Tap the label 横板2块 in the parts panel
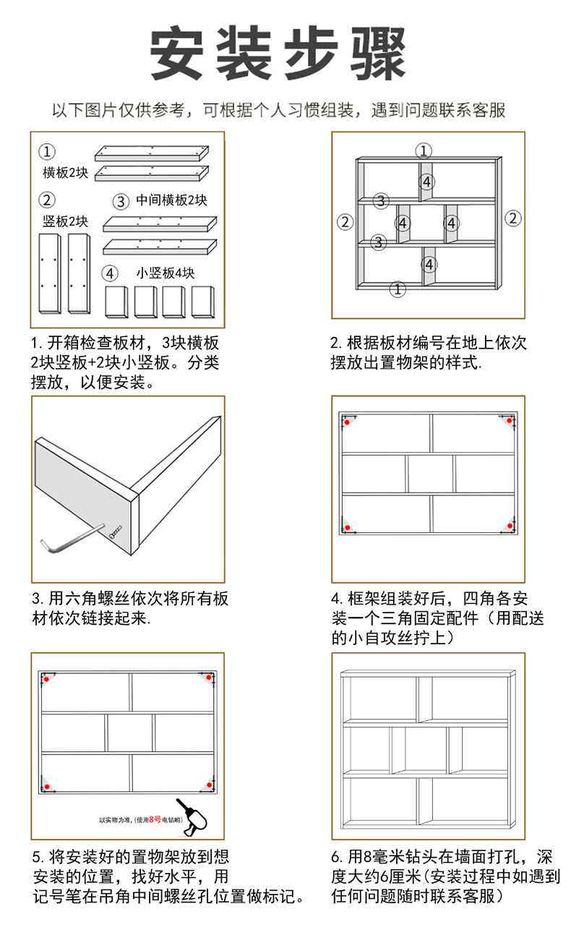point(65,173)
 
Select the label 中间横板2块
point(172,200)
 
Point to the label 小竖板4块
point(166,273)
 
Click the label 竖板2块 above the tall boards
point(65,221)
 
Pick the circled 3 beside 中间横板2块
point(120,201)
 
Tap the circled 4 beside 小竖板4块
point(109,273)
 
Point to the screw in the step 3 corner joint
point(114,534)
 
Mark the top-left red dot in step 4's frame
point(348,421)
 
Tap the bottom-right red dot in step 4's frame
point(510,526)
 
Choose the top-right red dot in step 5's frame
point(210,678)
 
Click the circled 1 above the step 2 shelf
point(424,150)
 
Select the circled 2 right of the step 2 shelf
point(512,218)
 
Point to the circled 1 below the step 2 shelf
point(398,289)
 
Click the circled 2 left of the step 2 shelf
point(345,221)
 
